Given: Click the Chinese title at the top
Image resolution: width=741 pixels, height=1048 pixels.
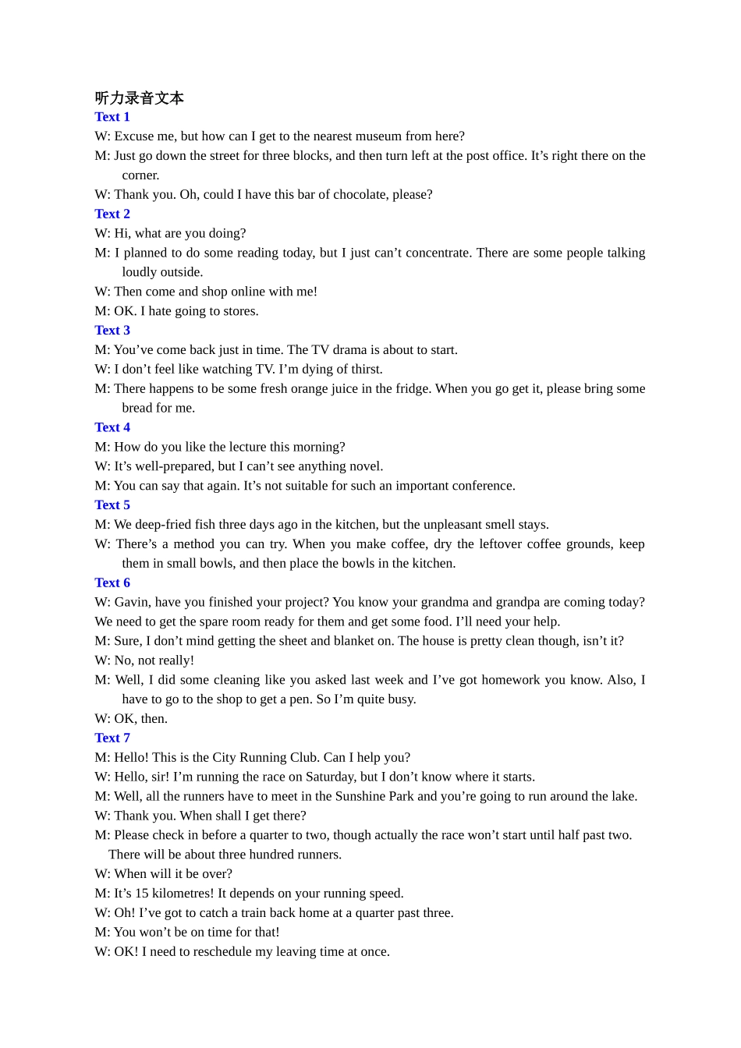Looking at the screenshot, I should click(139, 98).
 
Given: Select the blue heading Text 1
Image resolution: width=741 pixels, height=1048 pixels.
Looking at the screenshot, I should click(112, 117).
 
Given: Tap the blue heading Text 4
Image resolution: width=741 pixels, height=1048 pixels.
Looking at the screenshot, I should click(112, 427).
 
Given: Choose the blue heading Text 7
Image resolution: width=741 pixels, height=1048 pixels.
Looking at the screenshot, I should click(112, 738).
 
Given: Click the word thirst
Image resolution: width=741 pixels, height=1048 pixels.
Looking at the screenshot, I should click(363, 370).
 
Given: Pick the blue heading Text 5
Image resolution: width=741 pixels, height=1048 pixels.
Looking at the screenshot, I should click(112, 505).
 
